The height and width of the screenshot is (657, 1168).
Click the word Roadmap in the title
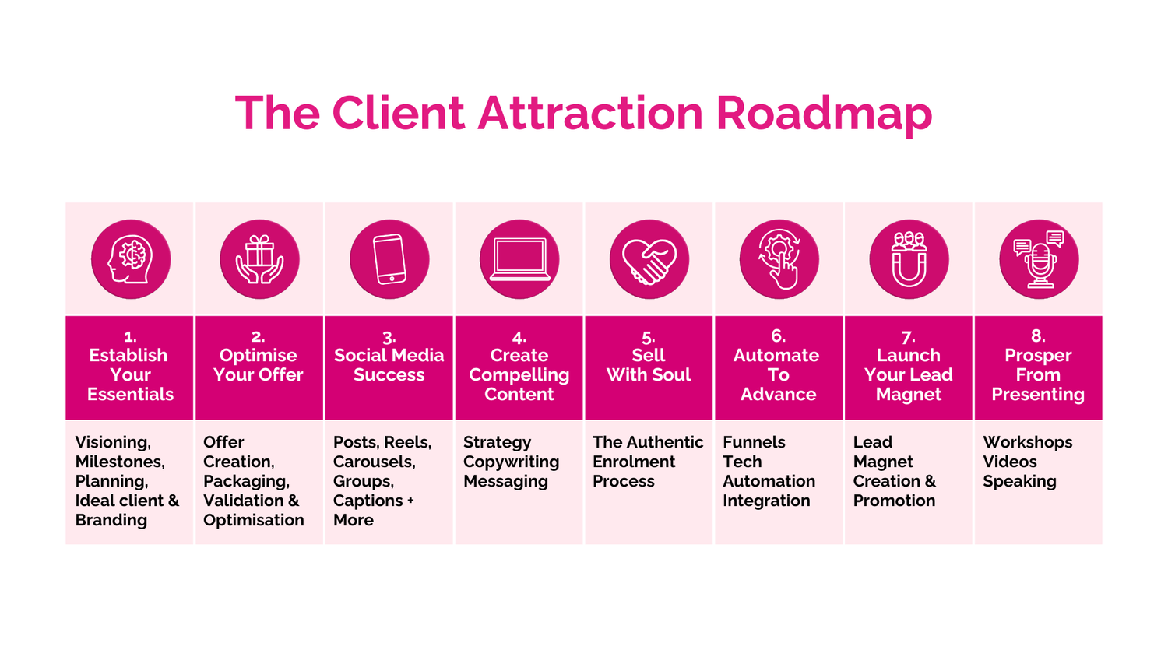pyautogui.click(x=823, y=113)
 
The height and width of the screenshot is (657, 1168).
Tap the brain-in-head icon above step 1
pyautogui.click(x=131, y=259)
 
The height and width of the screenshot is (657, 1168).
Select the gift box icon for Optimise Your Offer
pyautogui.click(x=259, y=259)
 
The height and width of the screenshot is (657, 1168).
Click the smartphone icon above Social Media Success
pyautogui.click(x=389, y=259)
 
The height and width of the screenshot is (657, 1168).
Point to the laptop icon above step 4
pyautogui.click(x=519, y=259)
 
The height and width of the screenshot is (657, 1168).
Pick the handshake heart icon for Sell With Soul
pyautogui.click(x=649, y=259)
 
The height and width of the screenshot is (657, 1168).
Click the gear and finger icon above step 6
pyautogui.click(x=779, y=259)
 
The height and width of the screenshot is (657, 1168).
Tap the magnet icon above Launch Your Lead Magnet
pyautogui.click(x=909, y=259)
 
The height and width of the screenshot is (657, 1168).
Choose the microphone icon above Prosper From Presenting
pyautogui.click(x=1039, y=259)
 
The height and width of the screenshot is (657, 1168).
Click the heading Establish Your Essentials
pyautogui.click(x=130, y=374)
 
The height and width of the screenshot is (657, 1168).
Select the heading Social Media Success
pyautogui.click(x=389, y=365)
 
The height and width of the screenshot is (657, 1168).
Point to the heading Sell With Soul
pyautogui.click(x=649, y=365)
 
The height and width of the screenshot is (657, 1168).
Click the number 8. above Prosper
pyautogui.click(x=1038, y=336)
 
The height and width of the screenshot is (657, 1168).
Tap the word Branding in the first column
pyautogui.click(x=111, y=520)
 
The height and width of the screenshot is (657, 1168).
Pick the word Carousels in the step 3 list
pyautogui.click(x=373, y=462)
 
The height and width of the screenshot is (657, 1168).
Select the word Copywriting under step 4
pyautogui.click(x=511, y=462)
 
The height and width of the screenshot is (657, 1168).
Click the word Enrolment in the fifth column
pyautogui.click(x=634, y=462)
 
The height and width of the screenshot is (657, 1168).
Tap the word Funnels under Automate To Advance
pyautogui.click(x=754, y=442)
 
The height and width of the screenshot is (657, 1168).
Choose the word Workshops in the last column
pyautogui.click(x=1027, y=442)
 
